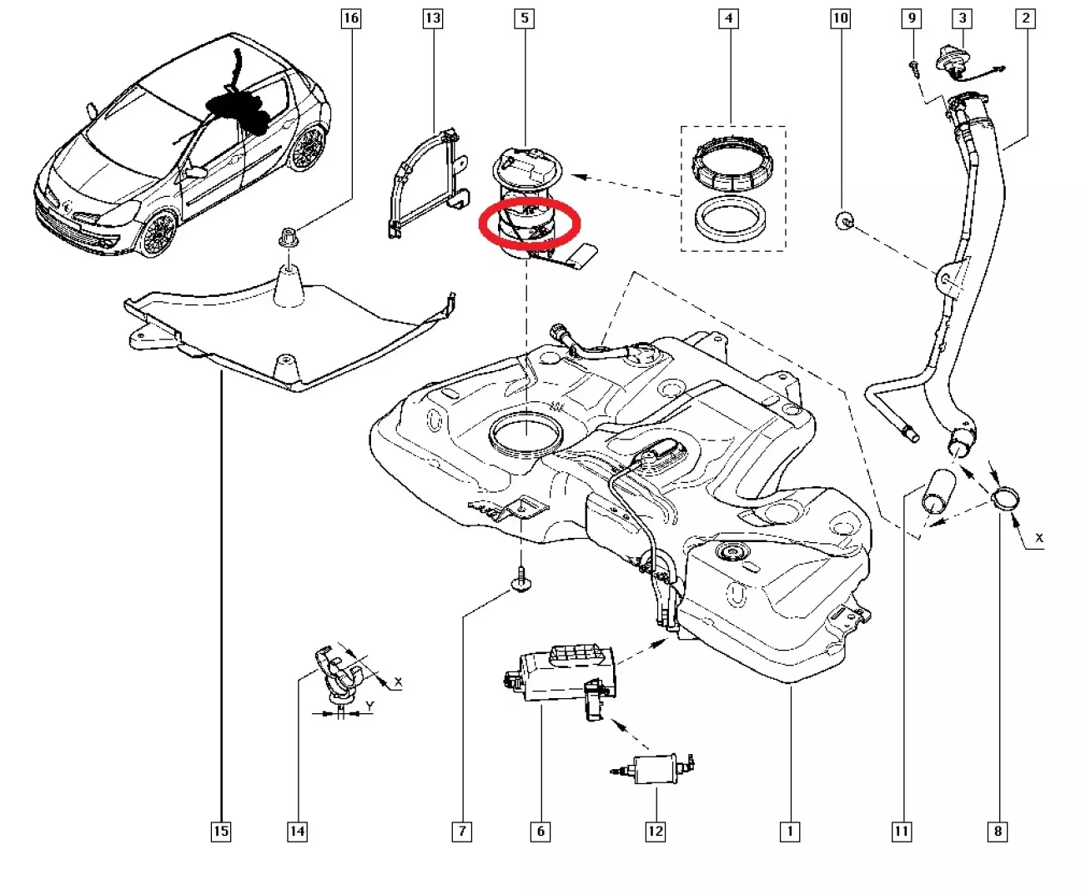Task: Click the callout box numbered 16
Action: (351, 18)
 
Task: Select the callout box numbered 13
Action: (433, 18)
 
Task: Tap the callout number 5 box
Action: (525, 18)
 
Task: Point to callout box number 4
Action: (728, 18)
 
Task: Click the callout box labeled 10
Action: (840, 18)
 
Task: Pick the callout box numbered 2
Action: (1026, 18)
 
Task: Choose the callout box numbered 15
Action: (221, 832)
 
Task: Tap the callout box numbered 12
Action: (656, 832)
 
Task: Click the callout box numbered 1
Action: (790, 832)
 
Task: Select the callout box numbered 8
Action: (998, 832)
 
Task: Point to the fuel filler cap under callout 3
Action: (953, 63)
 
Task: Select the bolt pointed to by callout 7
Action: (520, 580)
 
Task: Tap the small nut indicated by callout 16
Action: (289, 237)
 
